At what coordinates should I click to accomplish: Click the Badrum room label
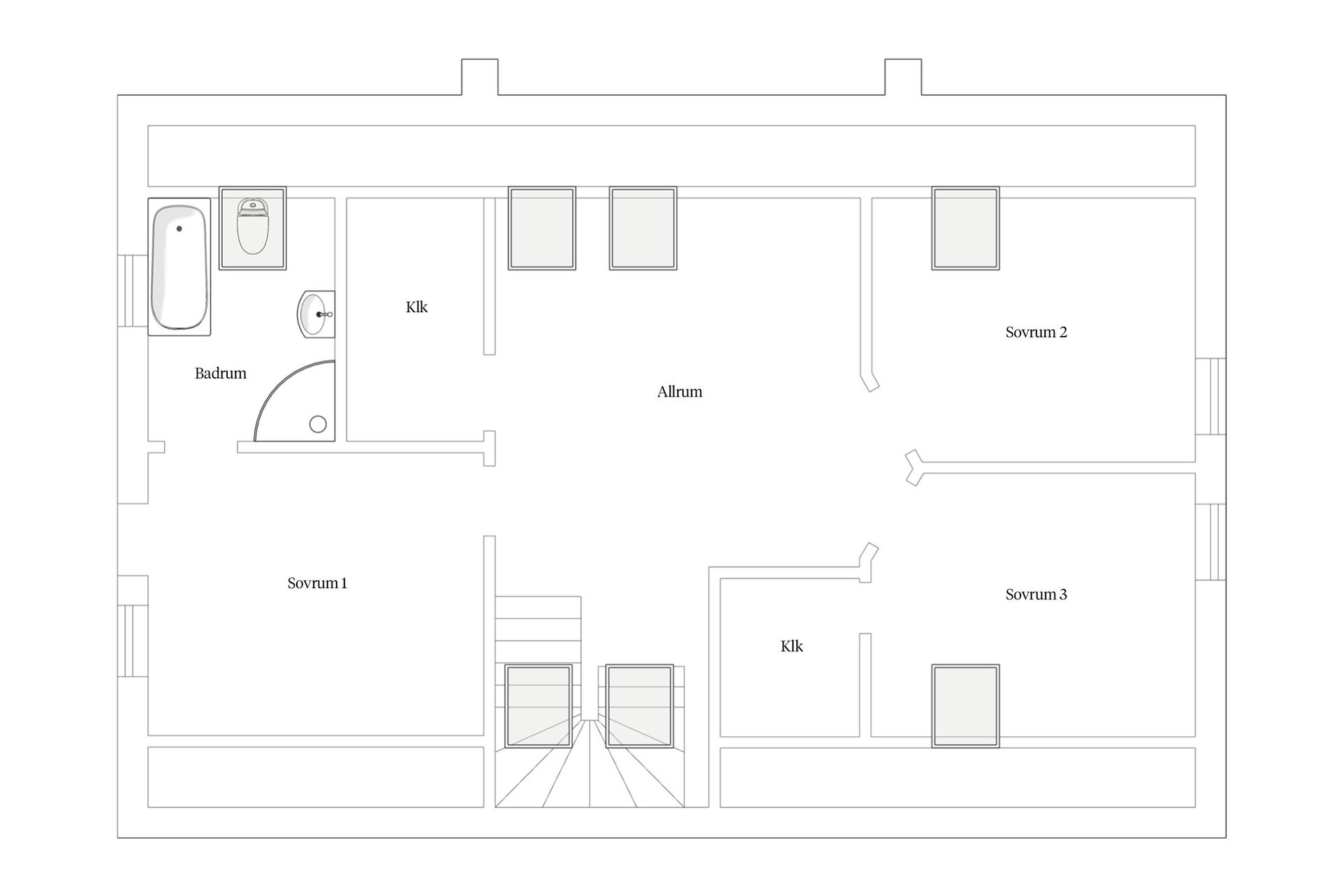point(221,374)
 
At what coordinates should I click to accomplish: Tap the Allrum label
point(680,392)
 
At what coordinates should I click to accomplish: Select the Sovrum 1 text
point(317,583)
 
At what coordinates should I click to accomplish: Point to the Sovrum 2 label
point(1036,332)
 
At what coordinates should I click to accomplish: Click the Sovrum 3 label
point(1036,595)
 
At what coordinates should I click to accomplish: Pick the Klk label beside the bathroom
point(417,307)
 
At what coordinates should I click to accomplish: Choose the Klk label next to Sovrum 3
point(792,647)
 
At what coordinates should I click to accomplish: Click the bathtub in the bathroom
point(179,267)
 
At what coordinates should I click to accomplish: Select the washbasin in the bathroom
point(316,314)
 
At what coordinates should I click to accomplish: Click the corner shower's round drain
point(318,424)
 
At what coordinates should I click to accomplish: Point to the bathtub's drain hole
point(179,228)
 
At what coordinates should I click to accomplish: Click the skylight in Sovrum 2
point(966,228)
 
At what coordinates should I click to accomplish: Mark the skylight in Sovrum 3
point(966,706)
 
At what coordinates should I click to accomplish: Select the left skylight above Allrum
point(542,228)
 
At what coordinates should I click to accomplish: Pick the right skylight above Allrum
point(643,228)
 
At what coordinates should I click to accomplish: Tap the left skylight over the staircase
point(538,706)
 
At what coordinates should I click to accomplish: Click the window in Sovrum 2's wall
point(1210,397)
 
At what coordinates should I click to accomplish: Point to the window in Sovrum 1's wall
point(133,626)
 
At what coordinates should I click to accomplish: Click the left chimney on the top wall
point(480,77)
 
